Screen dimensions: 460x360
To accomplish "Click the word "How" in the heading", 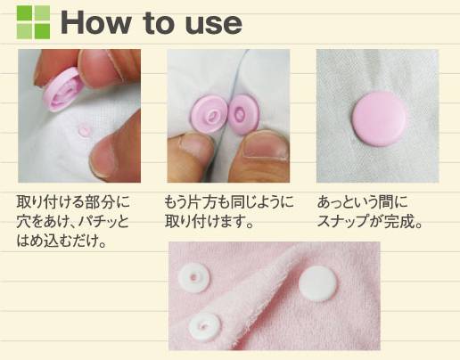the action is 95,23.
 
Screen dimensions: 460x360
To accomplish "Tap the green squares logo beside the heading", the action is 33,22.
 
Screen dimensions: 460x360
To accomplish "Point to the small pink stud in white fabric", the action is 84,131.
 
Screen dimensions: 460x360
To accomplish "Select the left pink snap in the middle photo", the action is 209,114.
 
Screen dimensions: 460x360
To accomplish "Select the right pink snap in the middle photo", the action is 244,112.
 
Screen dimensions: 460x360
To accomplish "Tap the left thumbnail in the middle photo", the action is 194,147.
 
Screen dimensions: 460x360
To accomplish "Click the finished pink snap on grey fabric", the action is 379,119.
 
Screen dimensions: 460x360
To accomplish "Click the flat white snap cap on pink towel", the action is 318,283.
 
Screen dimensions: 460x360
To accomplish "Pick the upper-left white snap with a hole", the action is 193,278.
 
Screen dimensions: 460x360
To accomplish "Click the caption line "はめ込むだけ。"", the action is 62,241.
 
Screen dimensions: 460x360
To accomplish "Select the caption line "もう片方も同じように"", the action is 229,202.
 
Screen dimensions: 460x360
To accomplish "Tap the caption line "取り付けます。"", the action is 209,222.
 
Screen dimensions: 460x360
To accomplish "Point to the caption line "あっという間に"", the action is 363,202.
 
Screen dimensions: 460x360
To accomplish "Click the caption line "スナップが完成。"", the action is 370,222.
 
